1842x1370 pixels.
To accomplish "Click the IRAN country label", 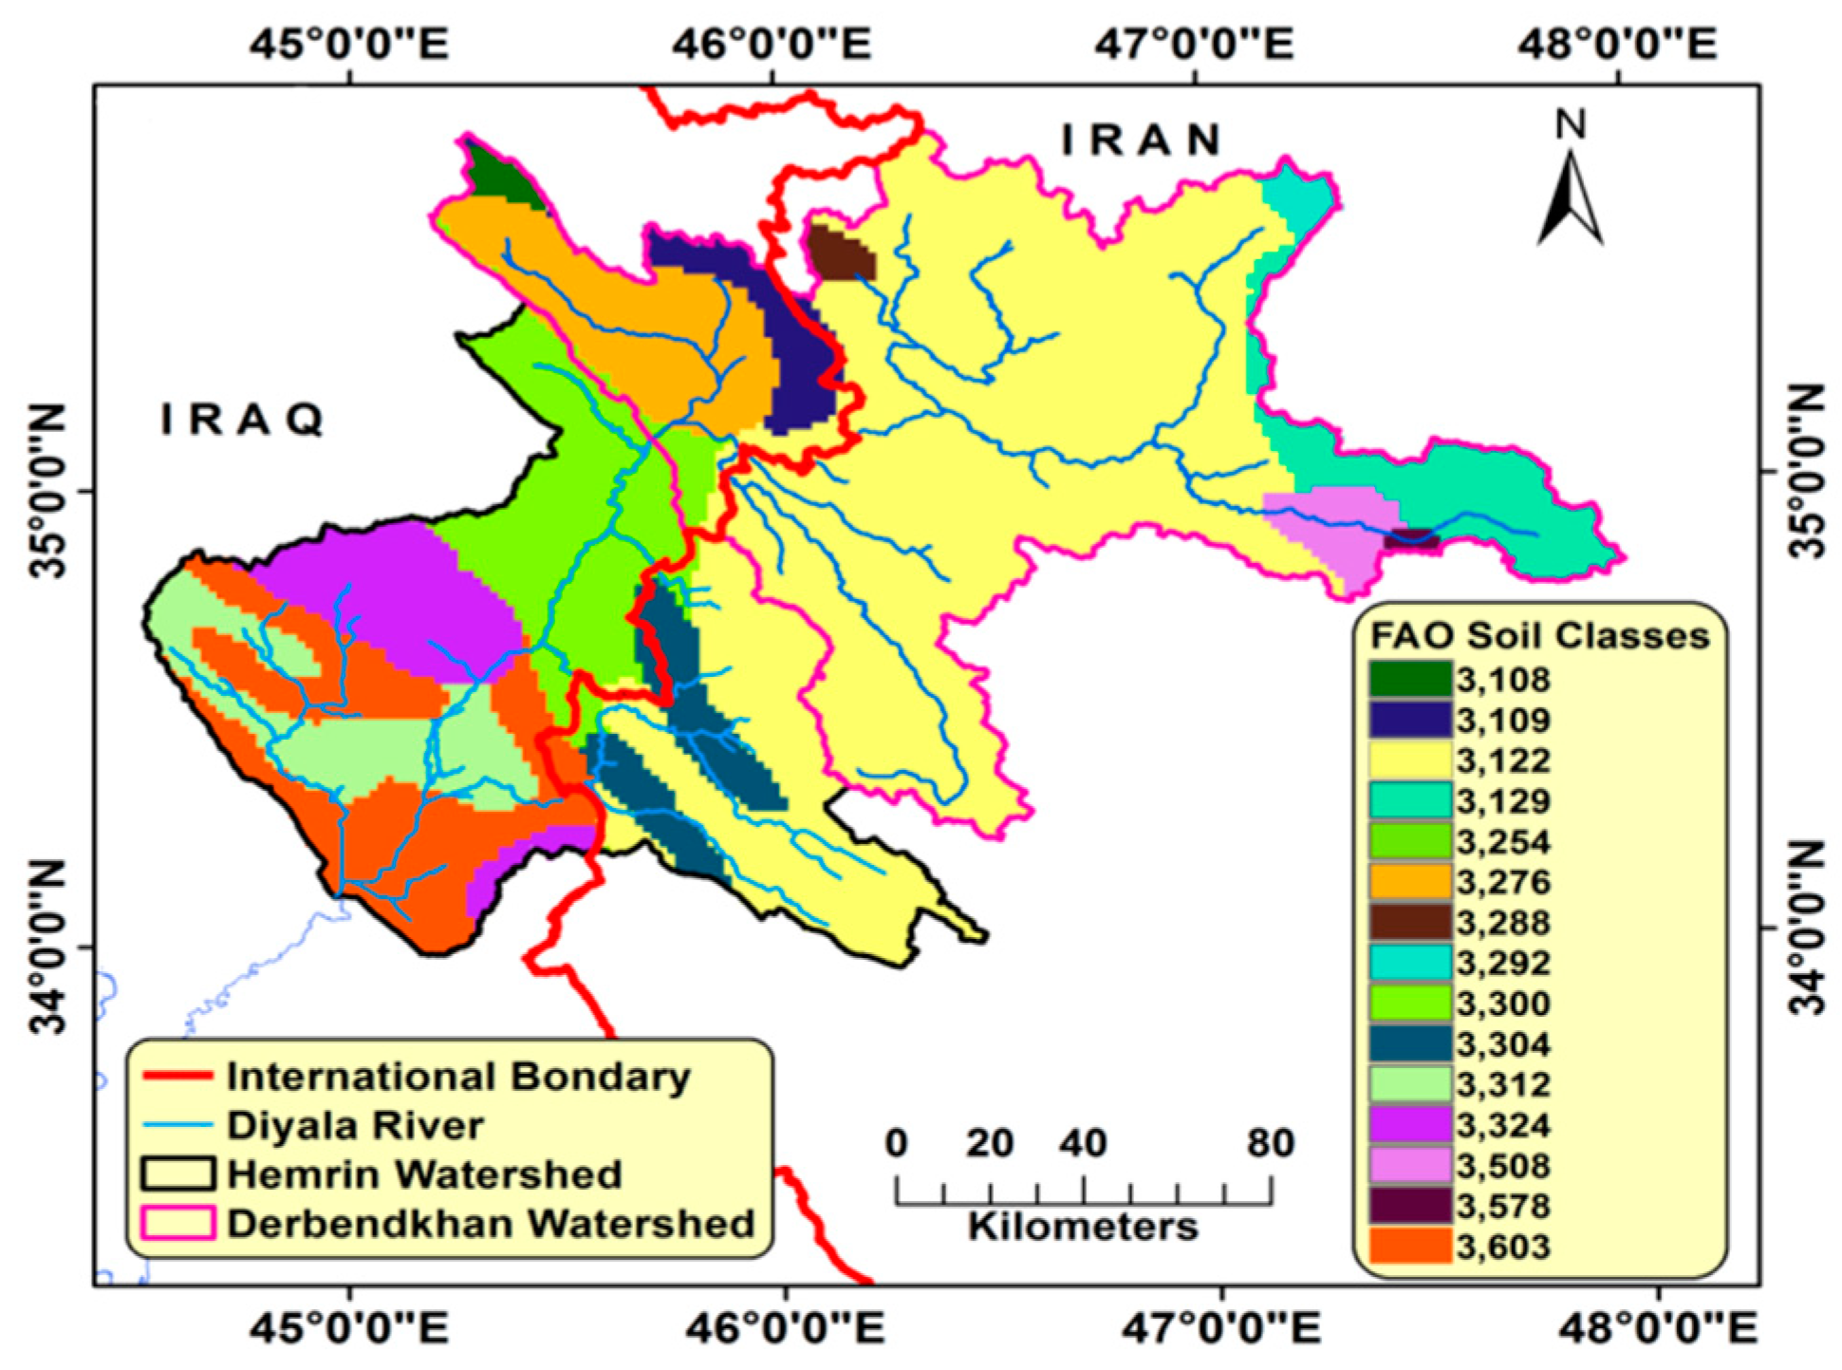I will [1141, 141].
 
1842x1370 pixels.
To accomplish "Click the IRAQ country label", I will [243, 420].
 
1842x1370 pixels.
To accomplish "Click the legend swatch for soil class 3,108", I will [1410, 680].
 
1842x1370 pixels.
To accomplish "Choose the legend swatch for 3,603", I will [1410, 1246].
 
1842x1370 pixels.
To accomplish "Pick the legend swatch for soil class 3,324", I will [1410, 1125].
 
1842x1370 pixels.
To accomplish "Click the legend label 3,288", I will [1503, 923].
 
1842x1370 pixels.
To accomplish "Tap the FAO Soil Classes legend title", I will [1538, 635].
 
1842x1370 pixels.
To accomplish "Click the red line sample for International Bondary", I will [177, 1076].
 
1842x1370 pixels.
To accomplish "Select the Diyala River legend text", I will [355, 1125].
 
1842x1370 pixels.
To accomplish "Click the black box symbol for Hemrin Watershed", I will [177, 1173].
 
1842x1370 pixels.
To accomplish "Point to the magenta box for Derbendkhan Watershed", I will [177, 1223].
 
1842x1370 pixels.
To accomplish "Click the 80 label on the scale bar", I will [1270, 1143].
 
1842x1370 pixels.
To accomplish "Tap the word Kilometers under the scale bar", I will [1083, 1226].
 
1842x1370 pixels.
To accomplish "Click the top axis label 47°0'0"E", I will [1193, 44].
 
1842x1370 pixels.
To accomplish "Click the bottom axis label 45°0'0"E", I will [348, 1328].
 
